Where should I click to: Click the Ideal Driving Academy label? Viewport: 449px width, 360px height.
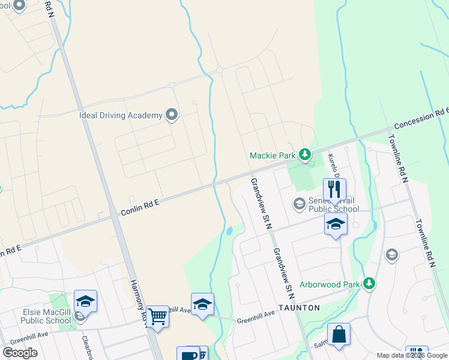121,115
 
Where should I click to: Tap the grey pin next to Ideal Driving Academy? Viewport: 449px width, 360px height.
172,114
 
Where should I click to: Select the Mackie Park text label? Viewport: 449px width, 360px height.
273,156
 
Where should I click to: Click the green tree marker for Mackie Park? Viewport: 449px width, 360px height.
306,155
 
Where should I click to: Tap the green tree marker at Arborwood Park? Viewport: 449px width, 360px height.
370,283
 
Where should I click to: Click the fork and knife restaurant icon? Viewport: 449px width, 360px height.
334,190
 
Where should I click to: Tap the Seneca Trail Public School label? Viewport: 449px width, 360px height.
333,205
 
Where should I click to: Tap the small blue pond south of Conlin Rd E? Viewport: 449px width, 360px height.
229,231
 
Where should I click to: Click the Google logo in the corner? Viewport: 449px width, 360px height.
20,353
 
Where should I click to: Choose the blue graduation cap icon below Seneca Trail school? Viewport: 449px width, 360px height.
335,225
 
